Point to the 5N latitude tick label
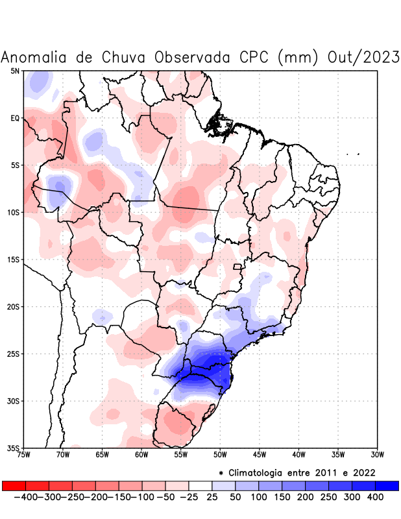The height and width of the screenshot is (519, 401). [15, 71]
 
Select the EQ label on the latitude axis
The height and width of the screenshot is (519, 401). [15, 118]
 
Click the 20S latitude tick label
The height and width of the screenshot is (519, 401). [13, 307]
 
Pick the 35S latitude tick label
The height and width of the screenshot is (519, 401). [13, 448]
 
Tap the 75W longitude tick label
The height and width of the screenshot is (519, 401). [24, 454]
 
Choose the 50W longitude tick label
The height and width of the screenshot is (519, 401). [220, 454]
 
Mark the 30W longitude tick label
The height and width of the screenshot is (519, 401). [377, 454]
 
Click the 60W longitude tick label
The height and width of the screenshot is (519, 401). [141, 454]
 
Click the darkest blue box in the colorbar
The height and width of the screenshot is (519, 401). [387, 486]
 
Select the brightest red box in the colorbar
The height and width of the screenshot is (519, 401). [14, 486]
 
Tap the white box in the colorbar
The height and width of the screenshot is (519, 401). [200, 486]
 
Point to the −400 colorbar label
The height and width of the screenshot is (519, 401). [26, 496]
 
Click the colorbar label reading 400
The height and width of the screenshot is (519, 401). [375, 496]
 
